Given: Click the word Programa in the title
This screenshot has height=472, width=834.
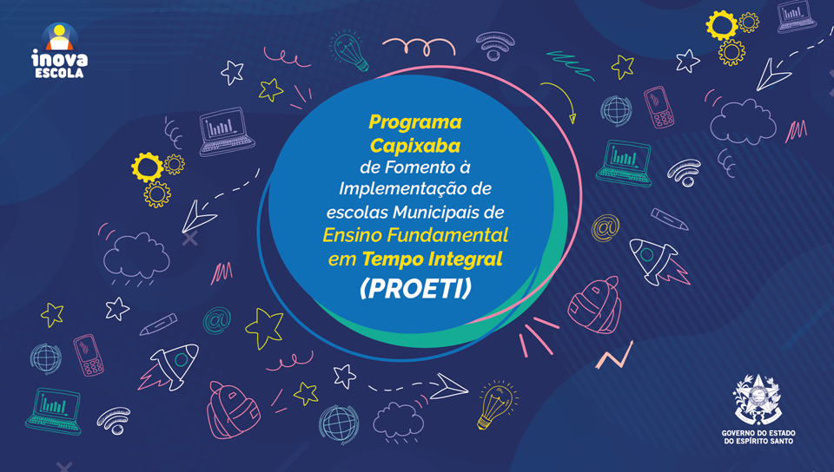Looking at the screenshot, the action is pos(415,122).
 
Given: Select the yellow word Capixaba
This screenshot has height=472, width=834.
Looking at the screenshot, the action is pos(415,146).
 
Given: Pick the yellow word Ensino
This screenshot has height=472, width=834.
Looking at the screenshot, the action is pos(352,234).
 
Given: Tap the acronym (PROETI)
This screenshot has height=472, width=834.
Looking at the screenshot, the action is pos(415,288).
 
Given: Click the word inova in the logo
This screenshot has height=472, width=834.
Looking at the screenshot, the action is pos(59,57).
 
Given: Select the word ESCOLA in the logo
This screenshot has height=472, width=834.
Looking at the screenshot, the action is pos(59,73).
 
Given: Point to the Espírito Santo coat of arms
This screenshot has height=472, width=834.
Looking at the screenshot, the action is pos(758,400).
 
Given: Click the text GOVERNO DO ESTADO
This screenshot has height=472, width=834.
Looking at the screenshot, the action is pos(758,433).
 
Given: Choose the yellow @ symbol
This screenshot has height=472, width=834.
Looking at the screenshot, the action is pos(606,228).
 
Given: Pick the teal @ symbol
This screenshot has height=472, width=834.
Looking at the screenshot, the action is pos(216,321).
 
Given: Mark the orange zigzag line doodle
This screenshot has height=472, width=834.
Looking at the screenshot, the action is pos(615,356).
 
